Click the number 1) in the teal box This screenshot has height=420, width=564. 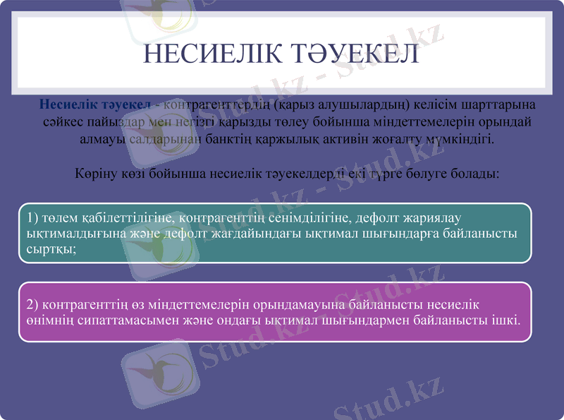tap(32, 217)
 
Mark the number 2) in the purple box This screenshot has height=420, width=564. tap(32, 304)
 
